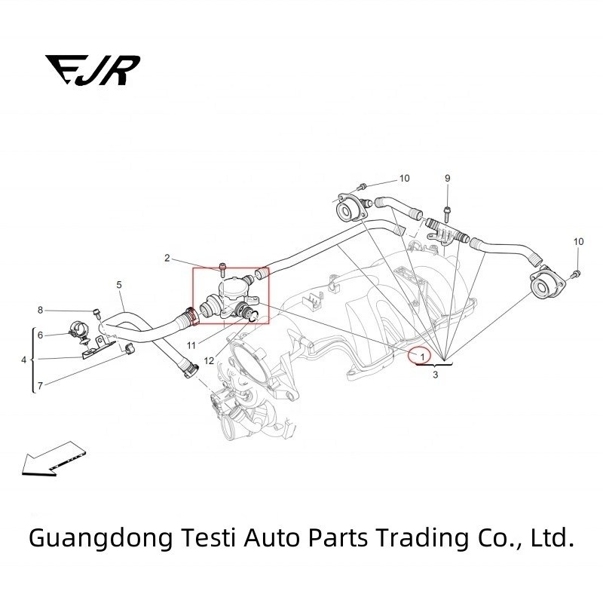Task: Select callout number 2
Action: point(167,259)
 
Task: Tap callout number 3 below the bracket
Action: point(435,374)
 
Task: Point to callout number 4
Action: point(23,360)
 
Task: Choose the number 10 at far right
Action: point(578,241)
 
